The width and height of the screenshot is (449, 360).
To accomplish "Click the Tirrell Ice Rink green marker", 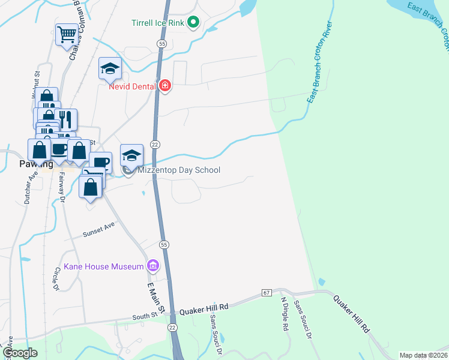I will point(193,23).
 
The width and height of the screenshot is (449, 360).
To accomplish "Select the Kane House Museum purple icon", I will point(153,266).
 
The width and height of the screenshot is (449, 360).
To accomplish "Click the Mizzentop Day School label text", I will point(179,170).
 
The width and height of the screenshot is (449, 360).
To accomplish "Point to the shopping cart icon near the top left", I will point(67,34).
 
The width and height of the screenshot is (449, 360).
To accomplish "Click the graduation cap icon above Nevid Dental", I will point(110,68).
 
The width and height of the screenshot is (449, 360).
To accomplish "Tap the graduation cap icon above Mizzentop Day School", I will point(132,156).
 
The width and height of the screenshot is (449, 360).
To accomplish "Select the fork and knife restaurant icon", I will point(66,119).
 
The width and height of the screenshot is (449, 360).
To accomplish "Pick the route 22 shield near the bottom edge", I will point(173,327).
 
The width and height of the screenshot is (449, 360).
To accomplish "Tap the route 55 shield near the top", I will point(163,44).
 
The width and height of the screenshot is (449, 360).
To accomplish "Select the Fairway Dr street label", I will point(61,191).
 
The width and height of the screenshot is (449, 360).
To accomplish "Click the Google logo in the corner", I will point(20,353).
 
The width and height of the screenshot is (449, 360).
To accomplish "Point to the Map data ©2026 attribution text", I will point(424,355).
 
